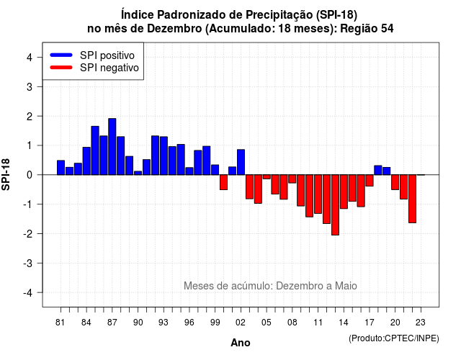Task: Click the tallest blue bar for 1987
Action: click(112, 147)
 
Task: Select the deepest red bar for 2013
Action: click(335, 204)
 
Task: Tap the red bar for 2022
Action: click(413, 199)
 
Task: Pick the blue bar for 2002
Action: click(241, 162)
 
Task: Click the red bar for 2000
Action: click(224, 182)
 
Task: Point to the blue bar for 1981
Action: click(61, 168)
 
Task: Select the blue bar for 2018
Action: click(378, 170)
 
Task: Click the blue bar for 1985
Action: click(95, 150)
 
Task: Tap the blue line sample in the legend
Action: click(61, 55)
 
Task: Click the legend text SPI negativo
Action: click(109, 68)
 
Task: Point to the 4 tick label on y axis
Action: click(30, 58)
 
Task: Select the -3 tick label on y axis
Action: click(27, 264)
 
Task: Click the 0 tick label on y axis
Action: click(30, 175)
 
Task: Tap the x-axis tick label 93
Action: click(164, 323)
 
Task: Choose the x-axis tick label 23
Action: click(421, 323)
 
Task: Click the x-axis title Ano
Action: click(241, 343)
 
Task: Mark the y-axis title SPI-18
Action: click(6, 174)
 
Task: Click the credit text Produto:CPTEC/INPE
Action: click(394, 338)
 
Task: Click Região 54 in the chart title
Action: click(367, 29)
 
